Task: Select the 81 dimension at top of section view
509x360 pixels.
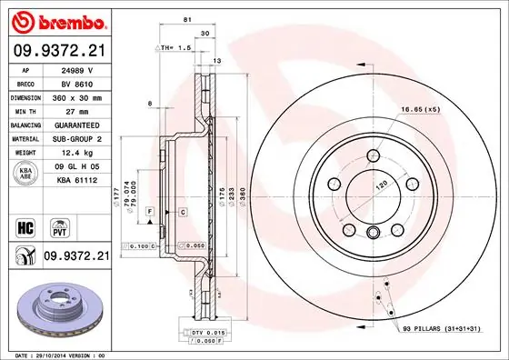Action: [x=185, y=20]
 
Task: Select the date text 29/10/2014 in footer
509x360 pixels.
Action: [x=56, y=354]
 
